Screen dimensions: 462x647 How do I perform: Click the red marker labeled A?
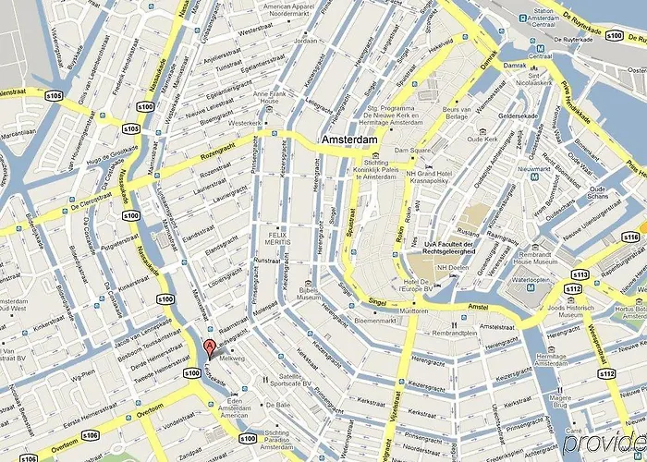(210, 348)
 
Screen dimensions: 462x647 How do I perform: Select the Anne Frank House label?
(265, 98)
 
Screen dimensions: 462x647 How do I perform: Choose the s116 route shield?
(630, 237)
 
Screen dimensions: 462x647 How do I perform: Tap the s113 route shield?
(580, 274)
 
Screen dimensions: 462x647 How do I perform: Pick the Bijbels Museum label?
(308, 295)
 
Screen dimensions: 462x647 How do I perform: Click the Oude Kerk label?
(482, 140)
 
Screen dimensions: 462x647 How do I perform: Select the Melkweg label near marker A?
(231, 359)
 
